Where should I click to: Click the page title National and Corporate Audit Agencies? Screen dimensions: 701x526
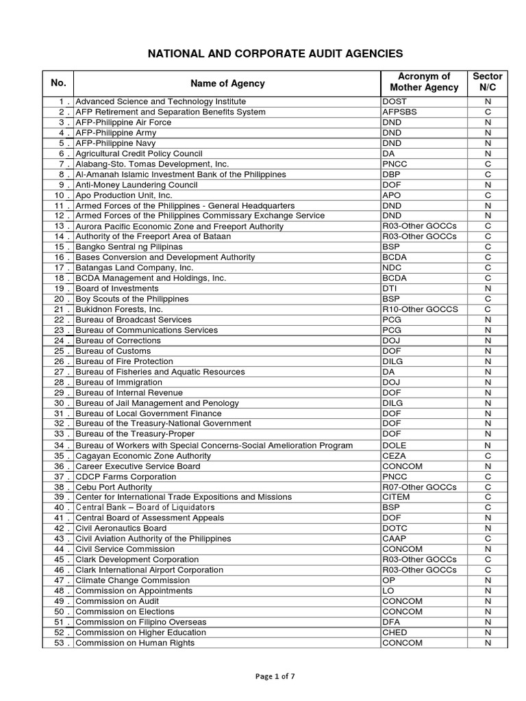262,53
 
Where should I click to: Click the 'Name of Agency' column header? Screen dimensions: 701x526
227,84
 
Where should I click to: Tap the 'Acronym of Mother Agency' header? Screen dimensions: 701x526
423,82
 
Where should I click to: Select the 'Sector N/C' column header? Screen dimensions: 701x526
488,82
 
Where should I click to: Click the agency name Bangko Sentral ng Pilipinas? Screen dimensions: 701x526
129,247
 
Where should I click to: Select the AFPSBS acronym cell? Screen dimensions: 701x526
399,112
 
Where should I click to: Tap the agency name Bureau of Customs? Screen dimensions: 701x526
113,351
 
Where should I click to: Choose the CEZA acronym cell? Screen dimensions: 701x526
394,456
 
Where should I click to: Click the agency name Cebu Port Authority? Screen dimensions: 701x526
114,487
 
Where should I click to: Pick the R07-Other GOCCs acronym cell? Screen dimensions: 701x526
418,487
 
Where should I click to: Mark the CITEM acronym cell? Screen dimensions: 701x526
395,497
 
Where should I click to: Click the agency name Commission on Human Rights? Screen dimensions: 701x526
135,643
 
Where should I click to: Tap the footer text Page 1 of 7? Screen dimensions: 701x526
262,677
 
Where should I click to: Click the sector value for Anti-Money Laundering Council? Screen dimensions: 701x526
488,185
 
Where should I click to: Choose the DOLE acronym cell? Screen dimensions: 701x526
394,446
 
